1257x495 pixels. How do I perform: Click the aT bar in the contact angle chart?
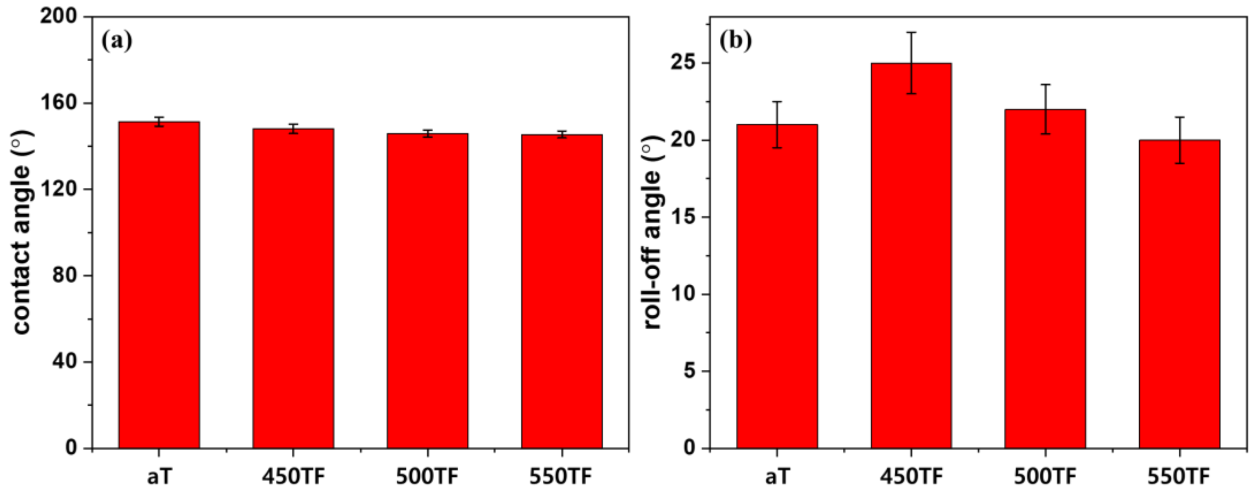click(159, 285)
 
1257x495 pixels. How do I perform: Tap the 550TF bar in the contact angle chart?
click(562, 292)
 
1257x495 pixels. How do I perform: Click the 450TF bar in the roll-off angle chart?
click(911, 256)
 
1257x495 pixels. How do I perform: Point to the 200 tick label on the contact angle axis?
click(59, 16)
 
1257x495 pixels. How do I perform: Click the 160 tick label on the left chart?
click(59, 103)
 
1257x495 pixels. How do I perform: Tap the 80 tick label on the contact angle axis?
click(65, 275)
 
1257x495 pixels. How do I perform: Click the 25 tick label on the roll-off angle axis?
click(683, 63)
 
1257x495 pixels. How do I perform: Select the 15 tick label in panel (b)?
click(683, 218)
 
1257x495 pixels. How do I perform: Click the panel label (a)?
click(117, 41)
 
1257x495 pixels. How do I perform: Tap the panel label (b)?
click(735, 41)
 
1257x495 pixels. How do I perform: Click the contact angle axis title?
click(22, 232)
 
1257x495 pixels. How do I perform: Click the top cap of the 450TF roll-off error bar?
click(911, 33)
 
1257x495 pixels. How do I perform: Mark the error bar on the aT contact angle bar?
click(159, 121)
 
